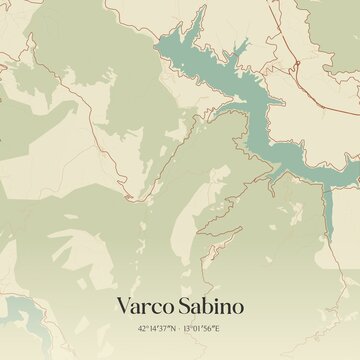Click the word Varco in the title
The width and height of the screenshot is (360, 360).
(x=144, y=303)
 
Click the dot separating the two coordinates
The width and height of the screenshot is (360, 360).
(x=180, y=326)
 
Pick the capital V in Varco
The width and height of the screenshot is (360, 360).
(x=123, y=303)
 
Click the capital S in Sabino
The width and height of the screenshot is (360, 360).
(x=181, y=303)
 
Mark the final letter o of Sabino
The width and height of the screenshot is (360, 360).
(x=236, y=304)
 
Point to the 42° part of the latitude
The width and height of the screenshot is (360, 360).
(x=132, y=326)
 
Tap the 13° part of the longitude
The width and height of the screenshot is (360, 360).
(x=192, y=326)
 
